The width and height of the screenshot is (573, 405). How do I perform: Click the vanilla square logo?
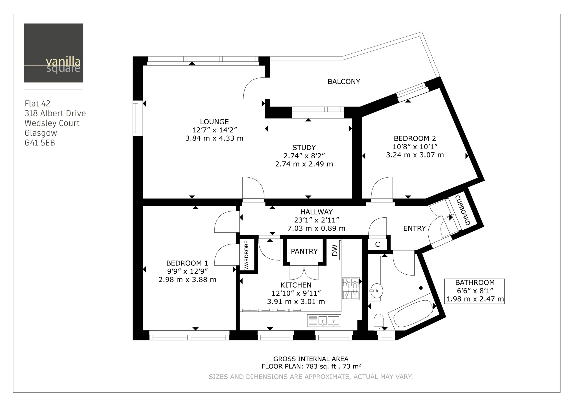point(54,53)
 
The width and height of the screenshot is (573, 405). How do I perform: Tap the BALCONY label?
point(344,82)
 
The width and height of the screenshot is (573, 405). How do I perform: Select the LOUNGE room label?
point(214,122)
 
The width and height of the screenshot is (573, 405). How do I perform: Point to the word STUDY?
point(304,148)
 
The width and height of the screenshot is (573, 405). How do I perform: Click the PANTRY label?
point(304,251)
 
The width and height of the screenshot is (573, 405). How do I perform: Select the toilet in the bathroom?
point(379,322)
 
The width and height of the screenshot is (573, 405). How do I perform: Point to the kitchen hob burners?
point(351,288)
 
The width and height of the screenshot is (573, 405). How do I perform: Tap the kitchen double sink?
point(324,321)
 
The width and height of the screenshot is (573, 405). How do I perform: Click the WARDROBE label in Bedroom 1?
point(246,255)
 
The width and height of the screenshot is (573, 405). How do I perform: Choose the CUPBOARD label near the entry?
point(462,210)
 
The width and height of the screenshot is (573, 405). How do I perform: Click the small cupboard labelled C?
point(377,244)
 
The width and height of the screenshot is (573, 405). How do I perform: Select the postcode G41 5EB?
point(40,143)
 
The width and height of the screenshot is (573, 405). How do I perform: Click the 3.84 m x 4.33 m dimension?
point(214,138)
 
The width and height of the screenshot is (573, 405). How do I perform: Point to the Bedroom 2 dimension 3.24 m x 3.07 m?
point(415,155)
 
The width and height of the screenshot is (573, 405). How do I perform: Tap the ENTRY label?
point(414,229)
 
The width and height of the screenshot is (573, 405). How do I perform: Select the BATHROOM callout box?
point(475,291)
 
